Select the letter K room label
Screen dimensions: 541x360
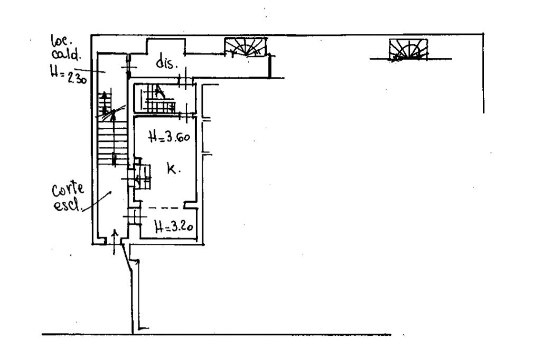click(173, 169)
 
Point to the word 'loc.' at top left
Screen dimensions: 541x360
click(57, 40)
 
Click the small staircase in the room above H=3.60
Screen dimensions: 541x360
click(160, 100)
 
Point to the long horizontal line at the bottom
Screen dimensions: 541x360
click(217, 335)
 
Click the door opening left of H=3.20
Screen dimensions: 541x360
click(134, 217)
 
